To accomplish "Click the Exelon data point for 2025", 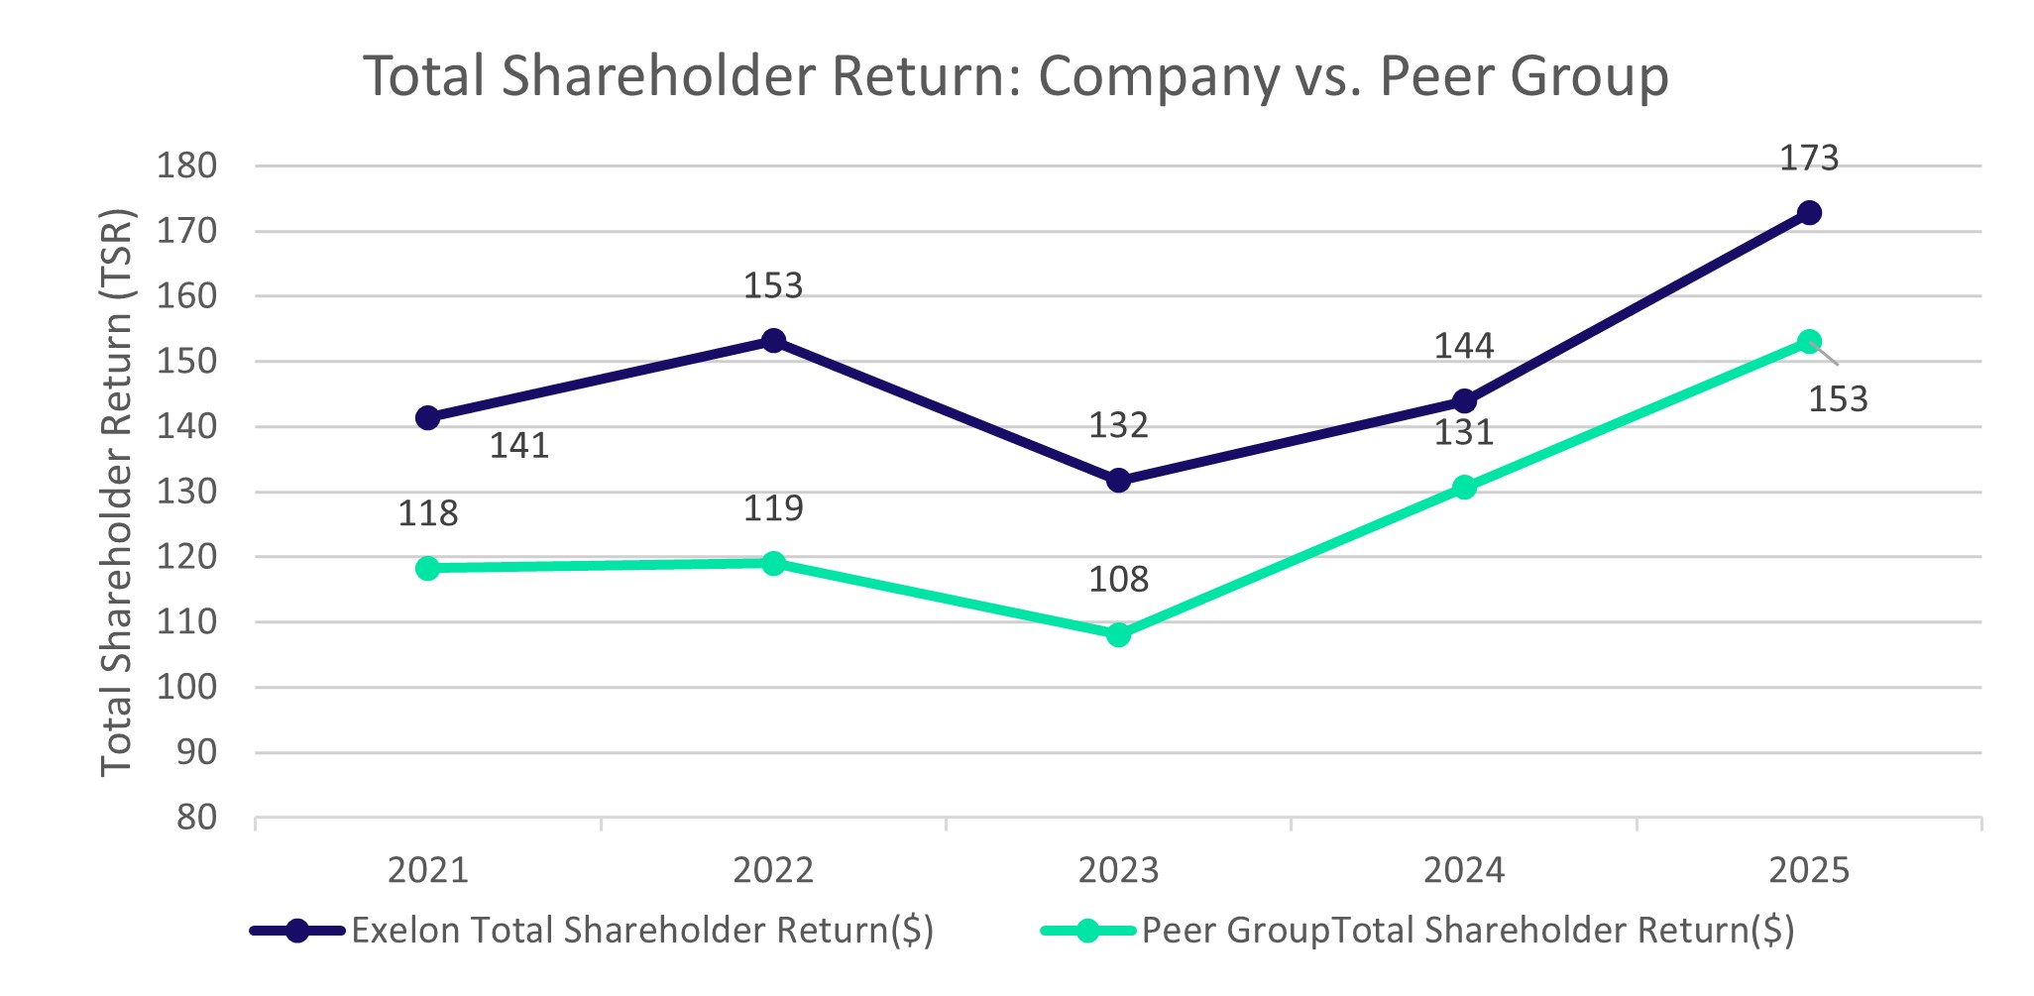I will click(x=1809, y=213).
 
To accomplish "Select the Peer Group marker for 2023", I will click(x=1118, y=634).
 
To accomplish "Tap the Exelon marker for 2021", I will click(x=428, y=418).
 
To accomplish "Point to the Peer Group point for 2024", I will click(x=1464, y=487).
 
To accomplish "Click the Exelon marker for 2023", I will click(x=1118, y=481).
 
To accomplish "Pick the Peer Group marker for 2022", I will click(x=773, y=564).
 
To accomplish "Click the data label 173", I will click(x=1809, y=159).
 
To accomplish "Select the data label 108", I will click(x=1118, y=580).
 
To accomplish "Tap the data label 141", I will click(x=519, y=446).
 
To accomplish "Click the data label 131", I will click(x=1464, y=433).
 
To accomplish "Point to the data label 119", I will click(x=773, y=508).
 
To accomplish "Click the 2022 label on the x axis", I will click(x=773, y=870).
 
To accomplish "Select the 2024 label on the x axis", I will click(x=1464, y=870).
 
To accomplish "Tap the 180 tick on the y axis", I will click(x=186, y=166).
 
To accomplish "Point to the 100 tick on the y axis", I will click(x=186, y=687).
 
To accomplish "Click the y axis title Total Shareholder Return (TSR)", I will click(x=117, y=493).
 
